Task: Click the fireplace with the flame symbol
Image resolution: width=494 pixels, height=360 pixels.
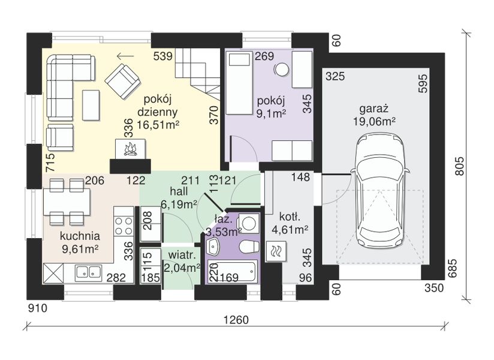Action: coord(131,148)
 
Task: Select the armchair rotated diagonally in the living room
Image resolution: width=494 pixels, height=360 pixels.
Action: coord(122,81)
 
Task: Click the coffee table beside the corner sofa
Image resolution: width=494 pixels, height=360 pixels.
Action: coord(91,105)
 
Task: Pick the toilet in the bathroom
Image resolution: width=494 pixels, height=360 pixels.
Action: coord(249,247)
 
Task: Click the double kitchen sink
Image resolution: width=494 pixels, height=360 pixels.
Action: coord(89,272)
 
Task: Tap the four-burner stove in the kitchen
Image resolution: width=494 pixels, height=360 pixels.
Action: coord(123,226)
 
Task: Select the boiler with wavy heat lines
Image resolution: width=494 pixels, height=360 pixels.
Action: coord(276,251)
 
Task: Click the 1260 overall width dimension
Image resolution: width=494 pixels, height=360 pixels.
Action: coord(236,320)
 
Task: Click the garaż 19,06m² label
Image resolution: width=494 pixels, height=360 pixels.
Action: coord(374,115)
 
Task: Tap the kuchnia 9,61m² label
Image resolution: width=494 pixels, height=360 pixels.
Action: coord(80,242)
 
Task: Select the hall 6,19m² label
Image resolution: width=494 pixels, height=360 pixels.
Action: coord(179,198)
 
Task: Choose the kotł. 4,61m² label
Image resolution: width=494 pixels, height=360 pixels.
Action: coord(290,223)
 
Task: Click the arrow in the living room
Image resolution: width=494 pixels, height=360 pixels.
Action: coord(125,56)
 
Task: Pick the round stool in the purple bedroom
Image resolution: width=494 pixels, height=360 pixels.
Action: coord(282,70)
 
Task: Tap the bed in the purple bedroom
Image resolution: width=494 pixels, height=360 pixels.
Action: coord(239,83)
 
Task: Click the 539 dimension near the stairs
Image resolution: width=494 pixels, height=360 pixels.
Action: coord(163,56)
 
